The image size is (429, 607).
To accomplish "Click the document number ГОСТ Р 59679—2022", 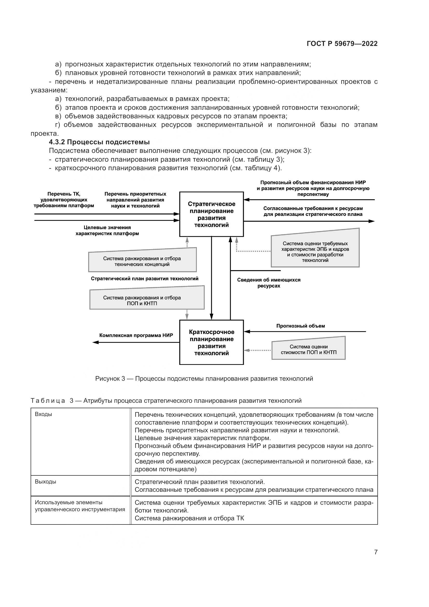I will pyautogui.click(x=342, y=44).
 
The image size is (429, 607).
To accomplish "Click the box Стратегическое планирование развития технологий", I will pyautogui.click(x=211, y=214).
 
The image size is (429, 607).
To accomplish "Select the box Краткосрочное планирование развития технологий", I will pyautogui.click(x=211, y=342).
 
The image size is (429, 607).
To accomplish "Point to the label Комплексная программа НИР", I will pyautogui.click(x=136, y=335).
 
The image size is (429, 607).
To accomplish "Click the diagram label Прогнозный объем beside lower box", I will pyautogui.click(x=301, y=326).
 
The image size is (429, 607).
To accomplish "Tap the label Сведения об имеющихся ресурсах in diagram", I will pyautogui.click(x=269, y=283).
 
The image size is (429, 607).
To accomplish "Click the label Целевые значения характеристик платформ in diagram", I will pyautogui.click(x=107, y=230).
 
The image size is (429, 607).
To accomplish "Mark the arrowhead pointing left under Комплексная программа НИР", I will pyautogui.click(x=95, y=342).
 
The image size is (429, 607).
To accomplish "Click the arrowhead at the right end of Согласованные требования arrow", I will pyautogui.click(x=372, y=221).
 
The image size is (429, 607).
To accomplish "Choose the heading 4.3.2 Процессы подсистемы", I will pyautogui.click(x=99, y=142).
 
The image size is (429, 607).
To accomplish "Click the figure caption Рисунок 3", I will pyautogui.click(x=204, y=379).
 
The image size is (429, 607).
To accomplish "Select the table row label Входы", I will pyautogui.click(x=43, y=414).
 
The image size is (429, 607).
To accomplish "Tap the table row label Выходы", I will pyautogui.click(x=45, y=482).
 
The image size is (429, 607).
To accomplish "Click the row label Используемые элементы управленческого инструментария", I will pyautogui.click(x=80, y=506).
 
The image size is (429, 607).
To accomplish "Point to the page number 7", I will pyautogui.click(x=376, y=552).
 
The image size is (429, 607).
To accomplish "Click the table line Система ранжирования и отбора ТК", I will pyautogui.click(x=189, y=518).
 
